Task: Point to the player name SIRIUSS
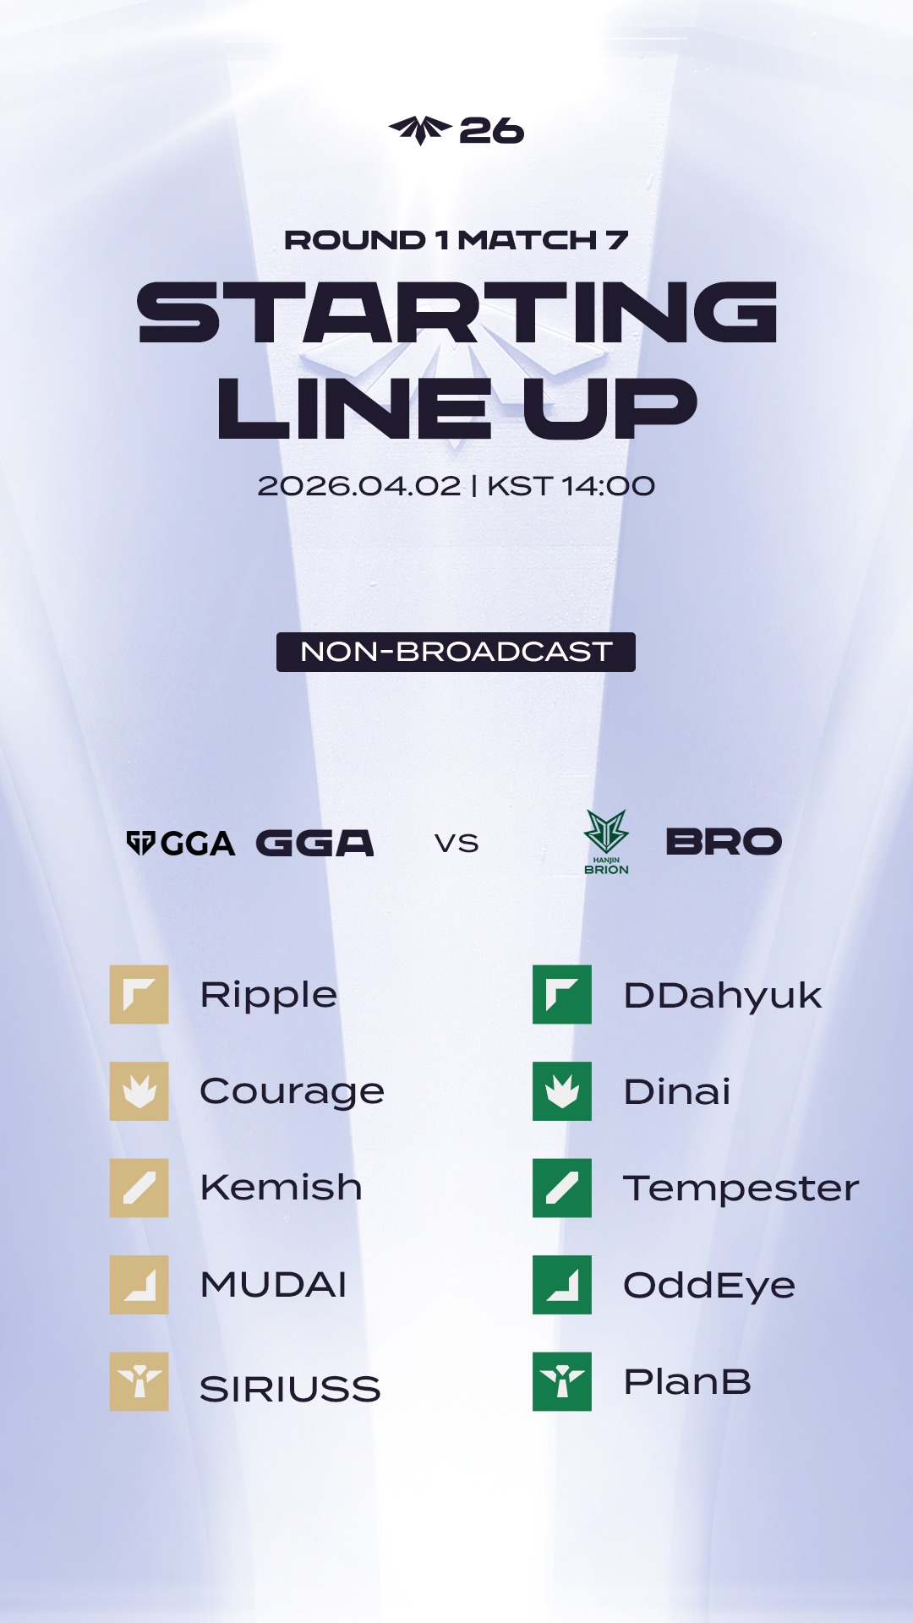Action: click(290, 1389)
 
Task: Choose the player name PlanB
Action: click(687, 1382)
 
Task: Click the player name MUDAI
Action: click(274, 1285)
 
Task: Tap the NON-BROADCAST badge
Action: click(456, 652)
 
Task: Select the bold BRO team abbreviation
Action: click(724, 842)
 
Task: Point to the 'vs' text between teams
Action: click(456, 844)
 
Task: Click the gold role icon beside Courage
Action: click(139, 1091)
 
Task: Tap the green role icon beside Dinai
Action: click(562, 1091)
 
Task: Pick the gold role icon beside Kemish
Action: click(139, 1188)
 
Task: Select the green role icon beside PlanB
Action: click(562, 1381)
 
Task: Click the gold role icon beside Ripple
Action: click(139, 994)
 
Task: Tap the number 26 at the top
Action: click(492, 131)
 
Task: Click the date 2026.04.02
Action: click(359, 486)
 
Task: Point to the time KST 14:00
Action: click(571, 486)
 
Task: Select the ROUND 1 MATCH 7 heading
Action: click(456, 240)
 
